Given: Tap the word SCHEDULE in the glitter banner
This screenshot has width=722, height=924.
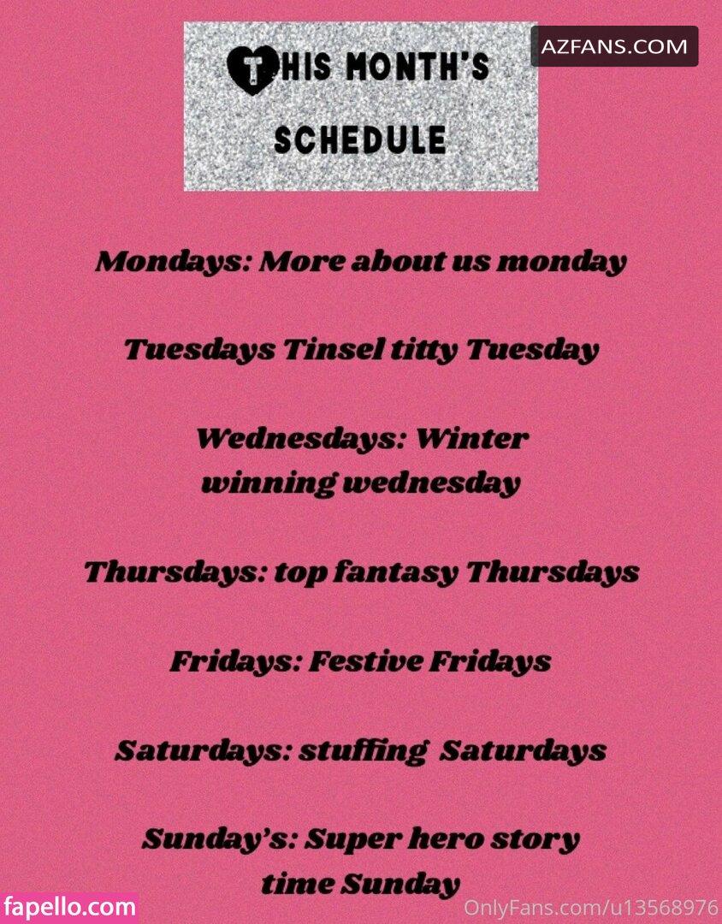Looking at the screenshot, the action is point(360,139).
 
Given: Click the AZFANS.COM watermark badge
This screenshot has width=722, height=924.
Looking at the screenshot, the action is point(614,46).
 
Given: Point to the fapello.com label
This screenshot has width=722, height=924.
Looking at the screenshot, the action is point(69,906).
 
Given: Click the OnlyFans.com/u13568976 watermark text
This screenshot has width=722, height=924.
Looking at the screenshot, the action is point(591,906).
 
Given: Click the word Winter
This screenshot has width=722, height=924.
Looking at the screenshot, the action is point(472,438).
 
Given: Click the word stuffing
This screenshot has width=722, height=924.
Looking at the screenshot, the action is point(361,751).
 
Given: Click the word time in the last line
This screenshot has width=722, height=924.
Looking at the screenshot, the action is point(298,883).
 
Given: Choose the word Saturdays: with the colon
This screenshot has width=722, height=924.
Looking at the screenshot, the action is point(203,751).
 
